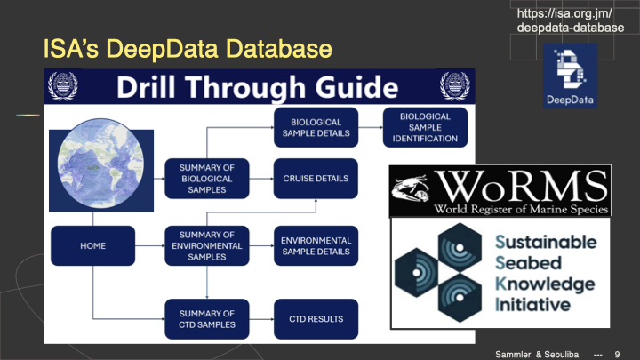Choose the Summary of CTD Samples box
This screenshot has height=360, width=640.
point(206,318)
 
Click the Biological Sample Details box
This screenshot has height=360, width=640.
point(315,127)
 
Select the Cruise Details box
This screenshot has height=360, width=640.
point(315,177)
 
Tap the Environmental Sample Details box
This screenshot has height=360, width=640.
point(315,246)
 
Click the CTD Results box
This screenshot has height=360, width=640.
point(315,318)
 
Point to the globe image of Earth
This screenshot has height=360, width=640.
point(95,172)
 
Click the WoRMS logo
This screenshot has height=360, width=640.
point(500,190)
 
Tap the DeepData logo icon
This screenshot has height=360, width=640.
point(571,78)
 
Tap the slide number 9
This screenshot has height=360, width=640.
point(618,353)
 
